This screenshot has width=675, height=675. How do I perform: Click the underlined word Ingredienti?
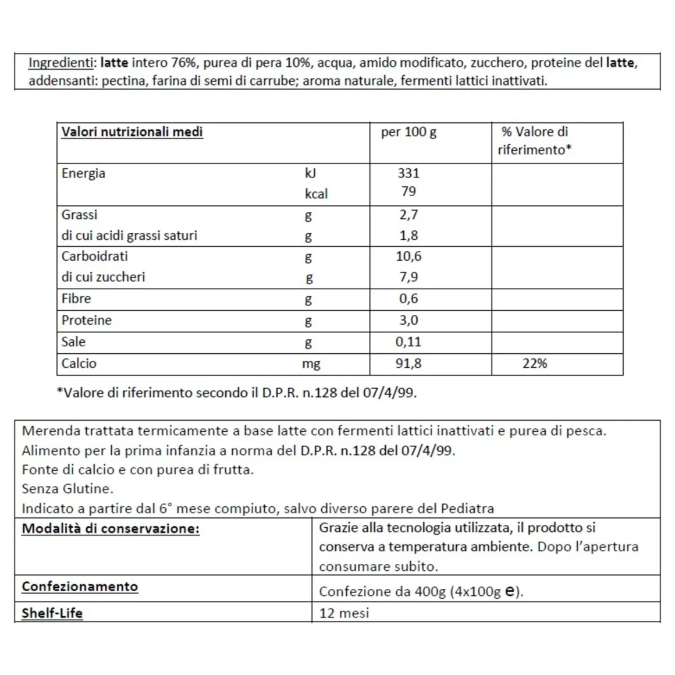click(61, 63)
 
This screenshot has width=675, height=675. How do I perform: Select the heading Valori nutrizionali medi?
click(132, 132)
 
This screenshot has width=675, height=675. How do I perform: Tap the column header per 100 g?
click(408, 132)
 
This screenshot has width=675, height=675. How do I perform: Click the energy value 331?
click(408, 173)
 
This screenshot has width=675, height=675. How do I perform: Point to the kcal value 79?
click(408, 191)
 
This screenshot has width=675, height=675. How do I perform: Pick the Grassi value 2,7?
click(408, 215)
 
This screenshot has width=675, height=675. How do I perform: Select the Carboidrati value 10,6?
click(408, 256)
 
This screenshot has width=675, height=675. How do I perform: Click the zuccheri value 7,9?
click(408, 277)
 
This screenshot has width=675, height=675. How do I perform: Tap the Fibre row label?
click(76, 299)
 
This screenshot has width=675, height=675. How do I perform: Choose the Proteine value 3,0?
click(408, 320)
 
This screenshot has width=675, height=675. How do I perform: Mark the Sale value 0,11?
click(408, 342)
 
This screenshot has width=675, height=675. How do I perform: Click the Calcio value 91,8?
click(408, 364)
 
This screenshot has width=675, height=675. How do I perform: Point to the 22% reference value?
click(534, 364)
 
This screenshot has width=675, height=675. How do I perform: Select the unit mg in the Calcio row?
click(311, 364)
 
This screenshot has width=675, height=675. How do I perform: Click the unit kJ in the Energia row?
click(310, 173)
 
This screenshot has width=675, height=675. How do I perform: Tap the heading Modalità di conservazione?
click(111, 529)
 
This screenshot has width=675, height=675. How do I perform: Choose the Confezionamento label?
click(80, 587)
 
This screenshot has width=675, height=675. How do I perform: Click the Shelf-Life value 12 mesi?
click(344, 613)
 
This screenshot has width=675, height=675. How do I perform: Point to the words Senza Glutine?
click(67, 489)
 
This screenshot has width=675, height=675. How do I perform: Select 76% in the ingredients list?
click(184, 63)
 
